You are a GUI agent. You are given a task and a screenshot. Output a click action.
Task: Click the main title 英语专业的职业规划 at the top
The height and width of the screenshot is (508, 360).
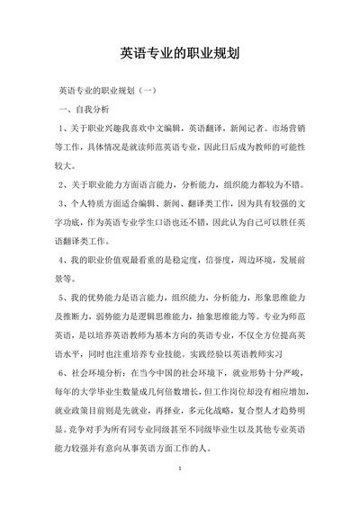[x=179, y=52]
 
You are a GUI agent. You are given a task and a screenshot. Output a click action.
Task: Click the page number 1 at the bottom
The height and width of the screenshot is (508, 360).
[x=181, y=494]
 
